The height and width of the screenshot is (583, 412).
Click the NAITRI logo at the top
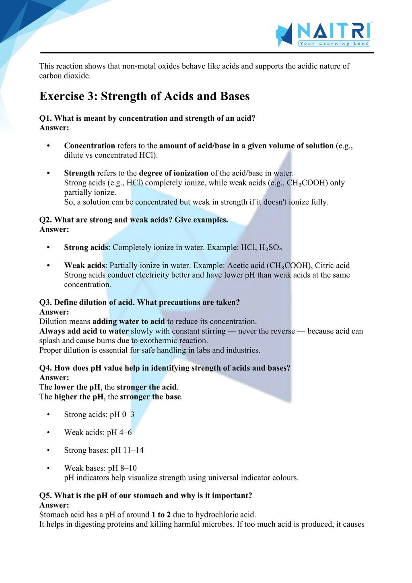[x=324, y=33]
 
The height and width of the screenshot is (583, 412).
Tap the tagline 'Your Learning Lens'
[x=334, y=43]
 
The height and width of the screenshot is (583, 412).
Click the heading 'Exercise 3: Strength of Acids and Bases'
[x=144, y=97]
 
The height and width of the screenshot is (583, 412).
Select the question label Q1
[x=45, y=118]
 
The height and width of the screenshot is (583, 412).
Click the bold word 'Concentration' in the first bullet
[x=90, y=146]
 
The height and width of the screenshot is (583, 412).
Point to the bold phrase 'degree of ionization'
[x=174, y=173]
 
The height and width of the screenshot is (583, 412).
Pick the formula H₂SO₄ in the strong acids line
[x=270, y=247]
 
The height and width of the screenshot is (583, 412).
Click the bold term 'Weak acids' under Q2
[x=84, y=266]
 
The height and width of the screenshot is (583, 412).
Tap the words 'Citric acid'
[x=332, y=266]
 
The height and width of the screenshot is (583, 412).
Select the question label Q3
[x=45, y=302]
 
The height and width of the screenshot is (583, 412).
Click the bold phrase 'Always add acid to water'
[x=84, y=331]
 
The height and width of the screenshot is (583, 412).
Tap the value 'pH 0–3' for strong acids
[x=122, y=414]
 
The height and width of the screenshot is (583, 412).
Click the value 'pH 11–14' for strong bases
[x=127, y=450]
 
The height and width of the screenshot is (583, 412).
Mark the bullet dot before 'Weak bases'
[x=49, y=468]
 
